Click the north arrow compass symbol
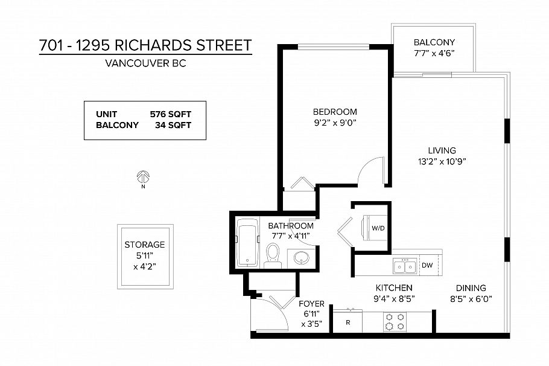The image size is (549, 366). point(144,178)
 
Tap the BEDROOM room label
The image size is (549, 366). point(334,112)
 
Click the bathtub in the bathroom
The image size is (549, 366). point(246,243)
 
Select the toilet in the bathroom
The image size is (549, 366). point(273,255)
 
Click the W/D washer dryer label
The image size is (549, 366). point(378,228)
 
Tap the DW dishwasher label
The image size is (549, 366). point(427,265)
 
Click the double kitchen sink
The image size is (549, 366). point(404,265)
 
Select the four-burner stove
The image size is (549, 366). point(395,321)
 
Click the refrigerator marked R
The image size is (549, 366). point(348,322)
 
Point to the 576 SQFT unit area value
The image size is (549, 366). point(170,114)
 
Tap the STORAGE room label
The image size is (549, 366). point(145,245)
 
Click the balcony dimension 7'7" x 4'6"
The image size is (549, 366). point(434,53)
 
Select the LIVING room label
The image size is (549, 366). point(442,150)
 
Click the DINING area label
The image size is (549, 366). point(471,288)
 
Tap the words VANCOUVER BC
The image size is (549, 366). point(145,63)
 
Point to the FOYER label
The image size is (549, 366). point(312,304)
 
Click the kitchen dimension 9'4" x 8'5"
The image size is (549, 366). point(395,298)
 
